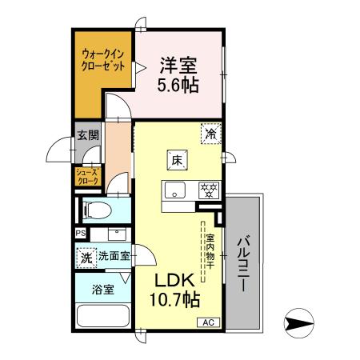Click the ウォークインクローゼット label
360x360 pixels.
click(102, 61)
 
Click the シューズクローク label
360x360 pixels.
click(87, 177)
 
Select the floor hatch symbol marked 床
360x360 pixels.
click(177, 160)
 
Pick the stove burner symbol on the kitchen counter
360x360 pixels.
click(207, 190)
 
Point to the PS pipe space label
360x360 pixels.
click(80, 234)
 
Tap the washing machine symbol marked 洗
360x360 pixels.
click(86, 258)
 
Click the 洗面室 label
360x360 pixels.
click(113, 258)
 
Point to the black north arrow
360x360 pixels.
click(299, 324)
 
